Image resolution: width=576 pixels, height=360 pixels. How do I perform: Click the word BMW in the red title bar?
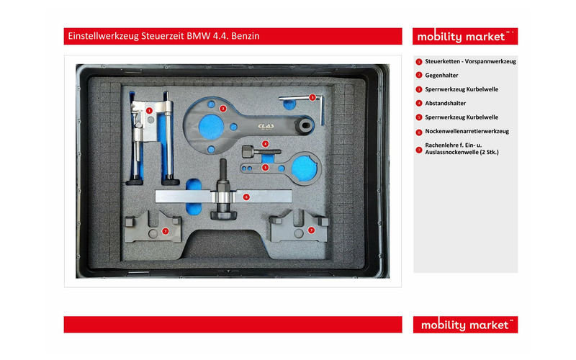click(199, 36)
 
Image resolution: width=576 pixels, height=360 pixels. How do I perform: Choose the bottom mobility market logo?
click(465, 325)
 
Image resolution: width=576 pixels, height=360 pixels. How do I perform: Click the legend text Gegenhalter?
click(441, 76)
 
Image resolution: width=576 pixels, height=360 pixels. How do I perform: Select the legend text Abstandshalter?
click(445, 103)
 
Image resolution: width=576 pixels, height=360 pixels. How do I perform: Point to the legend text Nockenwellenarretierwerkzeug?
click(467, 131)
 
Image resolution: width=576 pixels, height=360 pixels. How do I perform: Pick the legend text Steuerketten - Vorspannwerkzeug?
click(471, 61)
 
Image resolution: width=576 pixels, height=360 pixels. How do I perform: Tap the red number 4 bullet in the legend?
click(419, 104)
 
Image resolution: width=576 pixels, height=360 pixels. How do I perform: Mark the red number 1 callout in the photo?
click(149, 110)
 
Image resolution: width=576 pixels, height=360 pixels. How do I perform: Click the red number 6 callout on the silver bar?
click(246, 197)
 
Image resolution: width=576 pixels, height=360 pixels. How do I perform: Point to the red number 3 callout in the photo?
click(312, 97)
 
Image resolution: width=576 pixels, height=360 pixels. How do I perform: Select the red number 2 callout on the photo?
click(222, 109)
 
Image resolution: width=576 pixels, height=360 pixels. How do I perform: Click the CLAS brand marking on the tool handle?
click(266, 126)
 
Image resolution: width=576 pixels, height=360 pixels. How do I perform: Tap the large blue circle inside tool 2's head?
click(211, 127)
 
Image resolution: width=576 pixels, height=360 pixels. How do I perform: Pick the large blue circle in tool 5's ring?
click(304, 168)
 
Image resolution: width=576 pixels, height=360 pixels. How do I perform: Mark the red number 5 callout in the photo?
click(265, 168)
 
